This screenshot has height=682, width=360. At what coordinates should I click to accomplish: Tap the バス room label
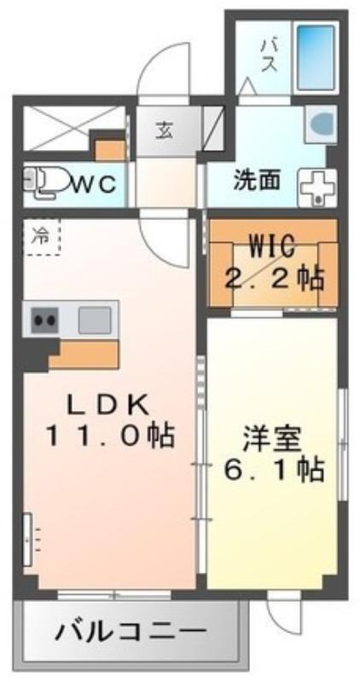click(269, 55)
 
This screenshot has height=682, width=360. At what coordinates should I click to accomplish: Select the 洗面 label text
click(257, 181)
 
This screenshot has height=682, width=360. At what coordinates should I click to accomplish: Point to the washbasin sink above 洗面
click(321, 124)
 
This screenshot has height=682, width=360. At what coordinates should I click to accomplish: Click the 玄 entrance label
click(164, 130)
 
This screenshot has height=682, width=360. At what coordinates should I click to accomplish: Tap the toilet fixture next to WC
click(44, 183)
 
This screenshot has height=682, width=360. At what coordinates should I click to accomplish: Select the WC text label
click(95, 184)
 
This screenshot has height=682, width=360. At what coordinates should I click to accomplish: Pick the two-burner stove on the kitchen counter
click(45, 320)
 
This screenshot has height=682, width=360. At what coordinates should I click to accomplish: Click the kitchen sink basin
click(95, 320)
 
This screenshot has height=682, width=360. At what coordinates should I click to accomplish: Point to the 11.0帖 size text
click(109, 436)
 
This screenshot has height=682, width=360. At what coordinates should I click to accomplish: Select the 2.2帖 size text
click(274, 279)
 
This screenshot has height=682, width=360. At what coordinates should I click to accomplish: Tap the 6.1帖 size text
click(274, 470)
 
